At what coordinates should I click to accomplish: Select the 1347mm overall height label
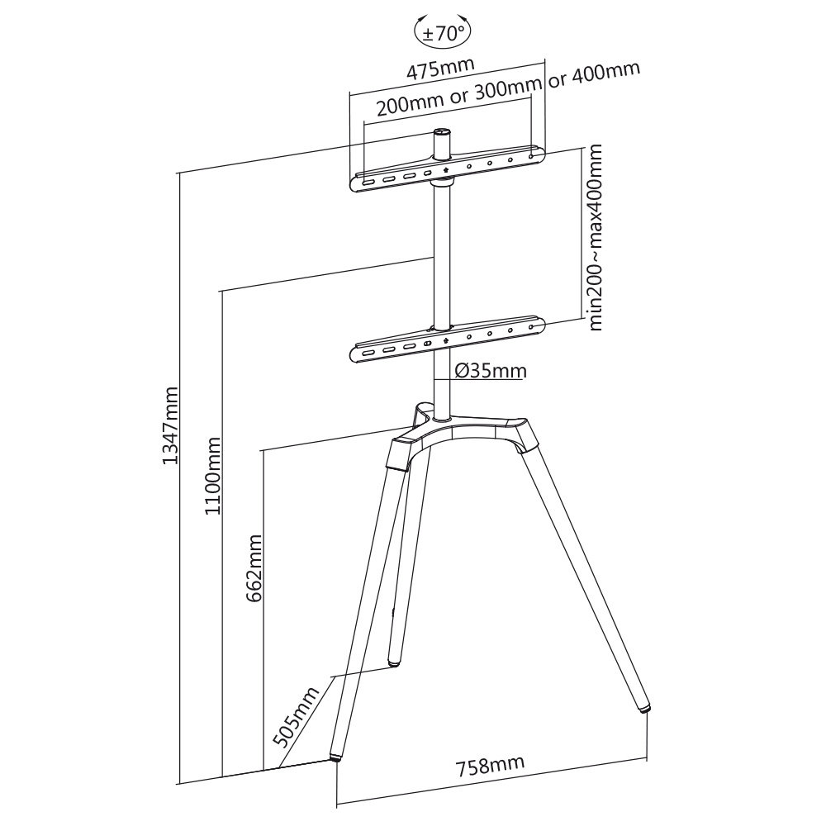click(170, 425)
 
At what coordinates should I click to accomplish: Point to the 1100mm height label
click(213, 476)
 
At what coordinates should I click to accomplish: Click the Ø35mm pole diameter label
click(491, 370)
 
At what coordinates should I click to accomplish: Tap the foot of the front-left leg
click(335, 757)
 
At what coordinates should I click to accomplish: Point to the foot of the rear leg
click(393, 664)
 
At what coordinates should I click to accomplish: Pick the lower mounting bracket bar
click(447, 339)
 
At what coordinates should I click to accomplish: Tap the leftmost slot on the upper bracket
click(368, 183)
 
